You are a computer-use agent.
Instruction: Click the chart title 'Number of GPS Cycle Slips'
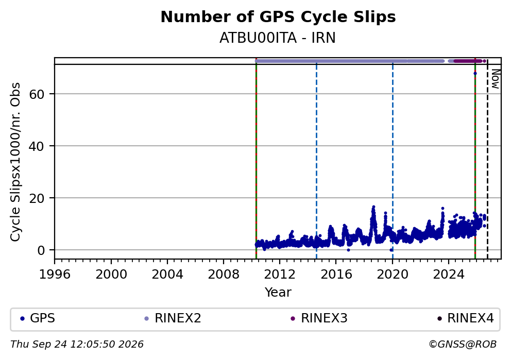pos(278,18)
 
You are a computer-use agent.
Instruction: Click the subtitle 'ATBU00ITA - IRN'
pos(277,38)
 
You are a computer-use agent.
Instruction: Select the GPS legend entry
pos(38,318)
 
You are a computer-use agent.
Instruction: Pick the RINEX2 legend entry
pos(173,318)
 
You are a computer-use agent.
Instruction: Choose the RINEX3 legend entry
pos(319,318)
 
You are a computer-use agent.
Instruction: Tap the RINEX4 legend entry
pos(465,318)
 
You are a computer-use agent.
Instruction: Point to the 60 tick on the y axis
pos(37,94)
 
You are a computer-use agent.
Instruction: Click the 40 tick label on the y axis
pos(37,146)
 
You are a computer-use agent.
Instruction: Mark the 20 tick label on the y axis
pos(37,198)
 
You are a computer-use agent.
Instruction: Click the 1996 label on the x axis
pos(55,275)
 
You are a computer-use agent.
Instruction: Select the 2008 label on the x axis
pos(224,275)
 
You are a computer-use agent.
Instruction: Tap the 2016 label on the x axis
pos(336,275)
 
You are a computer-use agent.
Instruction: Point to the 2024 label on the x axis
pos(449,275)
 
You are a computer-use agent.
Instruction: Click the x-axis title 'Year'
pos(278,292)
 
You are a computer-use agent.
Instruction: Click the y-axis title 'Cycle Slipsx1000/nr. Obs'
pos(15,162)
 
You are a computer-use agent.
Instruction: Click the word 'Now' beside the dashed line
pos(496,79)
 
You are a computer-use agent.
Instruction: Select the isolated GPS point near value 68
pos(475,73)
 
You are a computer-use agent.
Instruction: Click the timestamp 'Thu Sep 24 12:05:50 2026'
pos(77,345)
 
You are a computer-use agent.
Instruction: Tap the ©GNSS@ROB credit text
pos(463,345)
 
